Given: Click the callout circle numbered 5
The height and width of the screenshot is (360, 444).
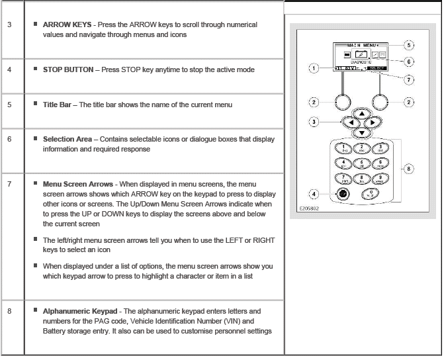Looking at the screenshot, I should coord(409,45).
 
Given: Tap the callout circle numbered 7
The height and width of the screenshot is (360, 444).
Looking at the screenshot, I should coord(409,79).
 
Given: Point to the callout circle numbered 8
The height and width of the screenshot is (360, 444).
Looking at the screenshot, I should coord(409,169).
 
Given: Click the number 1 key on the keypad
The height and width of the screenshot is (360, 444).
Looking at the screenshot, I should coord(344,148).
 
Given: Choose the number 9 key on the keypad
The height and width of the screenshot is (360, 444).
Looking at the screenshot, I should coord(379,179).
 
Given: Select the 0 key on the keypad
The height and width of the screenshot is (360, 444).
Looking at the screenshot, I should coord(361,195).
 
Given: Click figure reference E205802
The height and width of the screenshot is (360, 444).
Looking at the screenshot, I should coord(304,207).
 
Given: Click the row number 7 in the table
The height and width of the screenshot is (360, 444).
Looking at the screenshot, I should coord(10,183).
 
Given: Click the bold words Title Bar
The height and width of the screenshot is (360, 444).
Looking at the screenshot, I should coord(58,105).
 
